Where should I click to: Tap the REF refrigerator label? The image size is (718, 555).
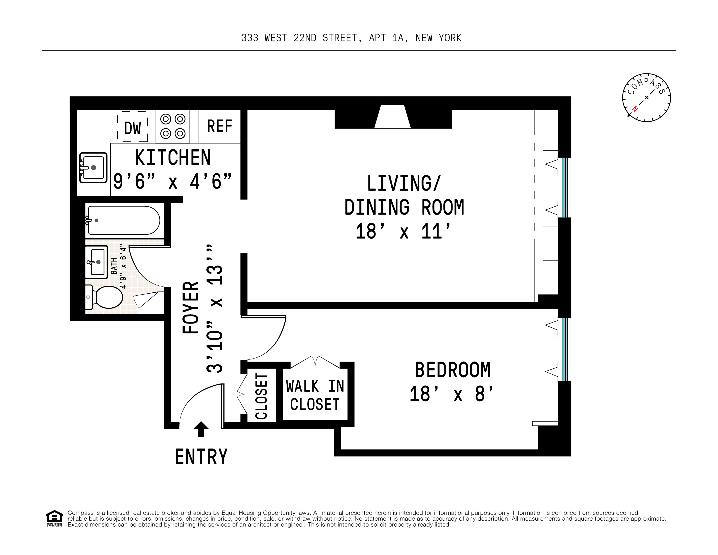tap(220, 126)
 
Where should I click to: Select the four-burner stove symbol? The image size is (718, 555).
tap(173, 126)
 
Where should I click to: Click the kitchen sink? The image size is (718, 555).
tap(93, 168)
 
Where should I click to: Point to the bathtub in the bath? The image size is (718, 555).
tap(124, 220)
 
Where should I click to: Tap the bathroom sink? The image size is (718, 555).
tap(97, 262)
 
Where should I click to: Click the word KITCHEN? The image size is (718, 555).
tap(173, 158)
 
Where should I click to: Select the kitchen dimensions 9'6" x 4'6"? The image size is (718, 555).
tap(173, 181)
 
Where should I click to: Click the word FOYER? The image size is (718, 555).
tap(191, 308)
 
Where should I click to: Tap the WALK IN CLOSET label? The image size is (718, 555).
tap(315, 395)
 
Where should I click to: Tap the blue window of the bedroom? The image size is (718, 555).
tap(564, 349)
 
